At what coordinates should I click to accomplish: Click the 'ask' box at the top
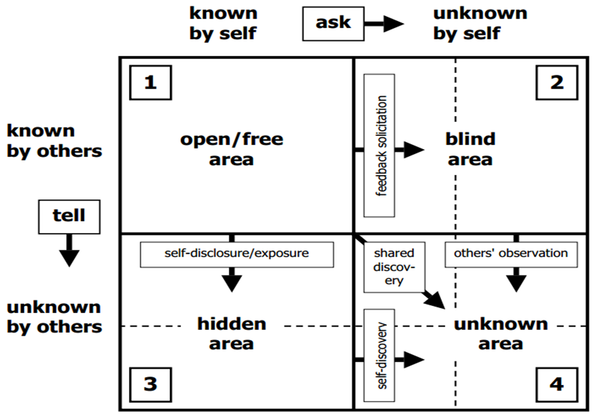click(333, 24)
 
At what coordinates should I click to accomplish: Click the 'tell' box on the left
click(69, 216)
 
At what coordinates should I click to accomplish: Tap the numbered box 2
click(557, 82)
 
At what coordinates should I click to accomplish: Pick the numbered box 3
click(150, 384)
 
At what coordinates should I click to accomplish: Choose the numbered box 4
click(557, 385)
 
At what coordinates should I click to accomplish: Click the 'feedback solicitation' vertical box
click(379, 145)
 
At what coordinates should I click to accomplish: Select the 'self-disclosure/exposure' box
click(237, 254)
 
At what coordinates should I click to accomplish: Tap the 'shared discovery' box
click(394, 267)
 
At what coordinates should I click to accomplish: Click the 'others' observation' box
click(510, 254)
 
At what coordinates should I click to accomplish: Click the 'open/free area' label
click(231, 149)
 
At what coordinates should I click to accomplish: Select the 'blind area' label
click(470, 149)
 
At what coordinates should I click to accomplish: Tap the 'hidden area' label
click(231, 333)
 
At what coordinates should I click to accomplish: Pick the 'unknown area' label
click(501, 333)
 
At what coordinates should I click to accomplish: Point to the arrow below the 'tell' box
click(69, 251)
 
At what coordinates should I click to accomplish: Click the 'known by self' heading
click(223, 23)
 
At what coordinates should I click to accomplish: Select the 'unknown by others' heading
click(54, 317)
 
